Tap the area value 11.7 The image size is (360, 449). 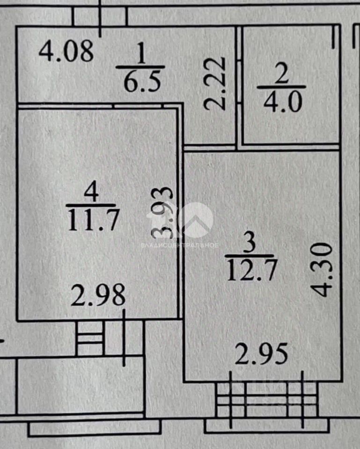point(94,220)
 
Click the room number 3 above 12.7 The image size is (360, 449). point(250,243)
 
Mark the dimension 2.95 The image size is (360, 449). point(261,354)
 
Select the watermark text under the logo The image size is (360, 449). point(180,245)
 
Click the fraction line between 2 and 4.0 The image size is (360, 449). point(282,87)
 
